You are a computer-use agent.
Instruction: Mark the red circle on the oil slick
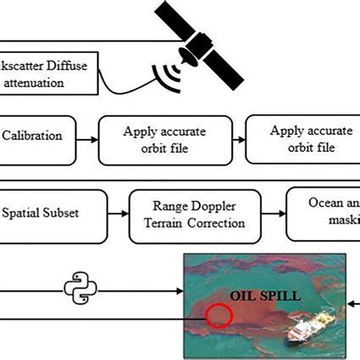coord(218,314)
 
